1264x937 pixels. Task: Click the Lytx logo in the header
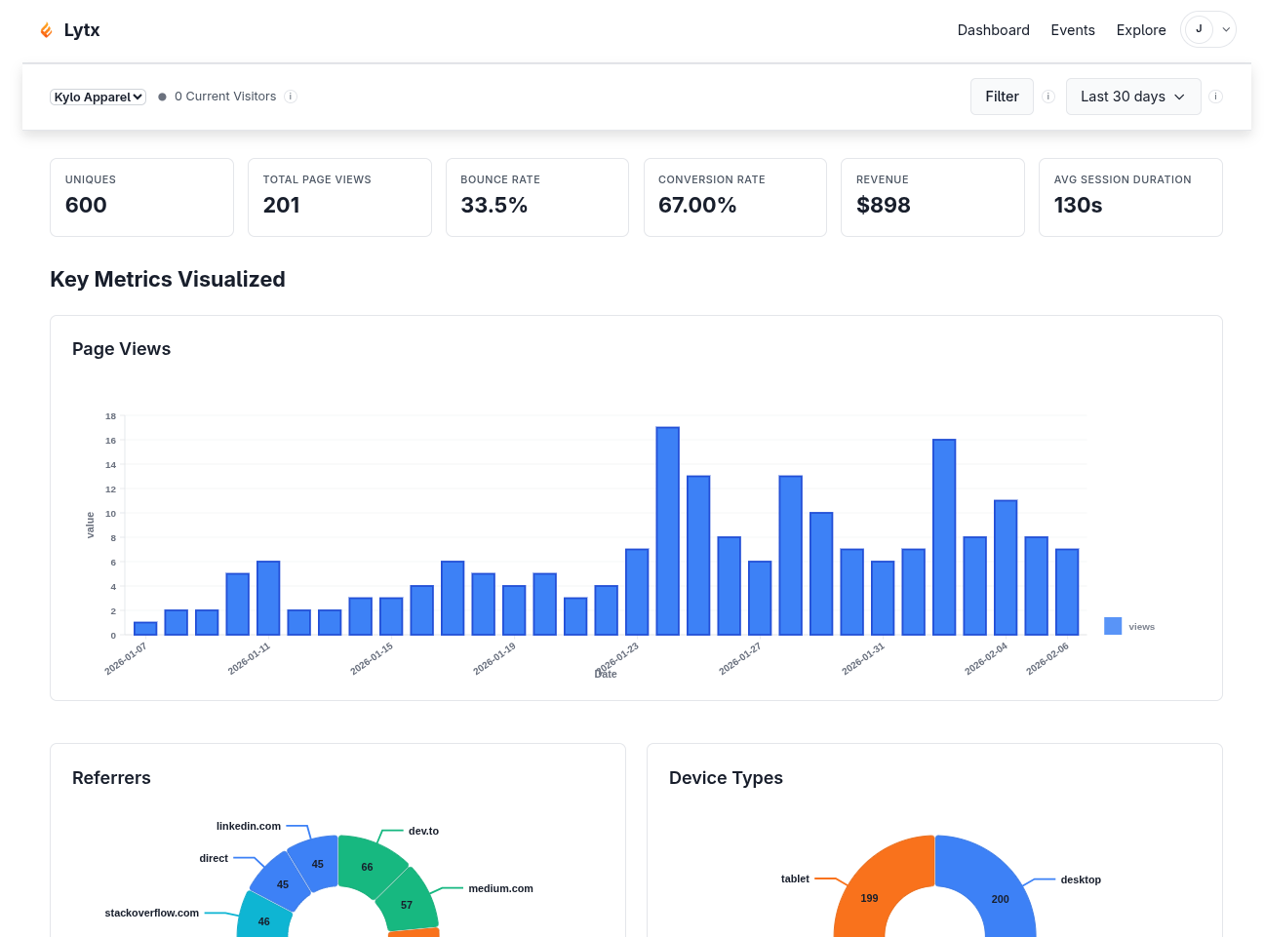pos(69,30)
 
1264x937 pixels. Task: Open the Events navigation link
pos(1072,30)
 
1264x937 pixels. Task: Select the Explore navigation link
pos(1140,30)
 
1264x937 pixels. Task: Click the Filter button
pos(1001,97)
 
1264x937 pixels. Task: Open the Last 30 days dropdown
pos(1132,97)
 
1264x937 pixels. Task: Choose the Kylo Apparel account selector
pos(98,97)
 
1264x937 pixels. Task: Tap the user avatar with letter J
pos(1199,29)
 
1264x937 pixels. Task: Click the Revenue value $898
pos(883,206)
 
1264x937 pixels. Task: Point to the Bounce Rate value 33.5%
pos(494,206)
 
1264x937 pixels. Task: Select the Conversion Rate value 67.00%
pos(696,206)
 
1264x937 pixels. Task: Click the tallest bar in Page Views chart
pos(667,530)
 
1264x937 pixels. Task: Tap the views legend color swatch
pos(1112,626)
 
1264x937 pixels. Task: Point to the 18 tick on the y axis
pos(111,416)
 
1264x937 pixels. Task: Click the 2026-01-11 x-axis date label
pos(250,658)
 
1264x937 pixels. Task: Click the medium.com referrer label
pos(500,888)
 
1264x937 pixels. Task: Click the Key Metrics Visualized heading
pos(168,280)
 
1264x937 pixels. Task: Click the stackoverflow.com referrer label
pos(151,913)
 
